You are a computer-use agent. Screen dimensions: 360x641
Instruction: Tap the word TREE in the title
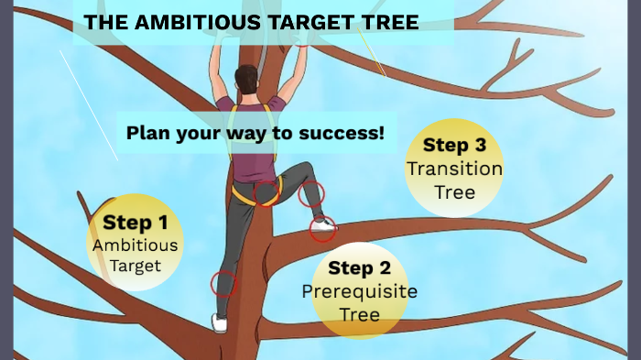tap(389, 23)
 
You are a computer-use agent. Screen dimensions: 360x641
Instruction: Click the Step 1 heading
tap(135, 222)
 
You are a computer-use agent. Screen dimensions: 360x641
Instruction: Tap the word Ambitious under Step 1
tap(135, 245)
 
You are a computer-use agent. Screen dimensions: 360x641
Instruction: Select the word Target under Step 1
tap(135, 266)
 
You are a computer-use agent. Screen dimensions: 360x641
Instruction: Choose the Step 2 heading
tap(359, 268)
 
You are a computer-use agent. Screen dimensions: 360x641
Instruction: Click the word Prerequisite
tap(359, 291)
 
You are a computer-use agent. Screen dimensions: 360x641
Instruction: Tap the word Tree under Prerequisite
tap(359, 314)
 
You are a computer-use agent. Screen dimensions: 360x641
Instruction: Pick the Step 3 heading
tap(454, 146)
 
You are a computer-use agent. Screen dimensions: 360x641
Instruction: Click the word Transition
tap(454, 169)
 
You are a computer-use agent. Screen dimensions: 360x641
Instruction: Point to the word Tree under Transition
tap(454, 191)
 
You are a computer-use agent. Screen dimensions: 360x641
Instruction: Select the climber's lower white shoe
tap(220, 323)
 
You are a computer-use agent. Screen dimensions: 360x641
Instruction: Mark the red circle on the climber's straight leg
tap(223, 283)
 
